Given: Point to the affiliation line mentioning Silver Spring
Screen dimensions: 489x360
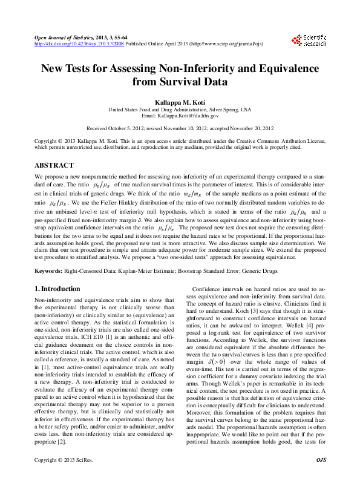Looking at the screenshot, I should click(180, 109).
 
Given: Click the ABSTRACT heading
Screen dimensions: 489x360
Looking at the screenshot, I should click(54, 165).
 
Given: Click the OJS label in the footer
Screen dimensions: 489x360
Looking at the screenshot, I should click(321, 478).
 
